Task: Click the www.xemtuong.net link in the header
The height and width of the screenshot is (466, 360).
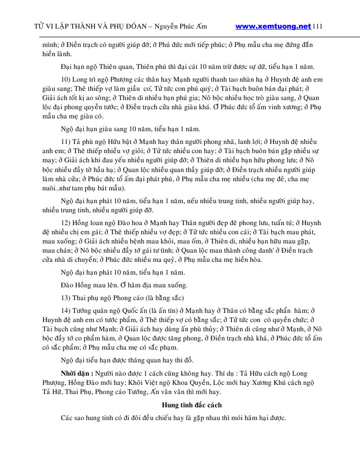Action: (273, 26)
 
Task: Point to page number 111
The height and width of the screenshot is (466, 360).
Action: (317, 26)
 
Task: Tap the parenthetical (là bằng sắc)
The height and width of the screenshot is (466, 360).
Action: (159, 298)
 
